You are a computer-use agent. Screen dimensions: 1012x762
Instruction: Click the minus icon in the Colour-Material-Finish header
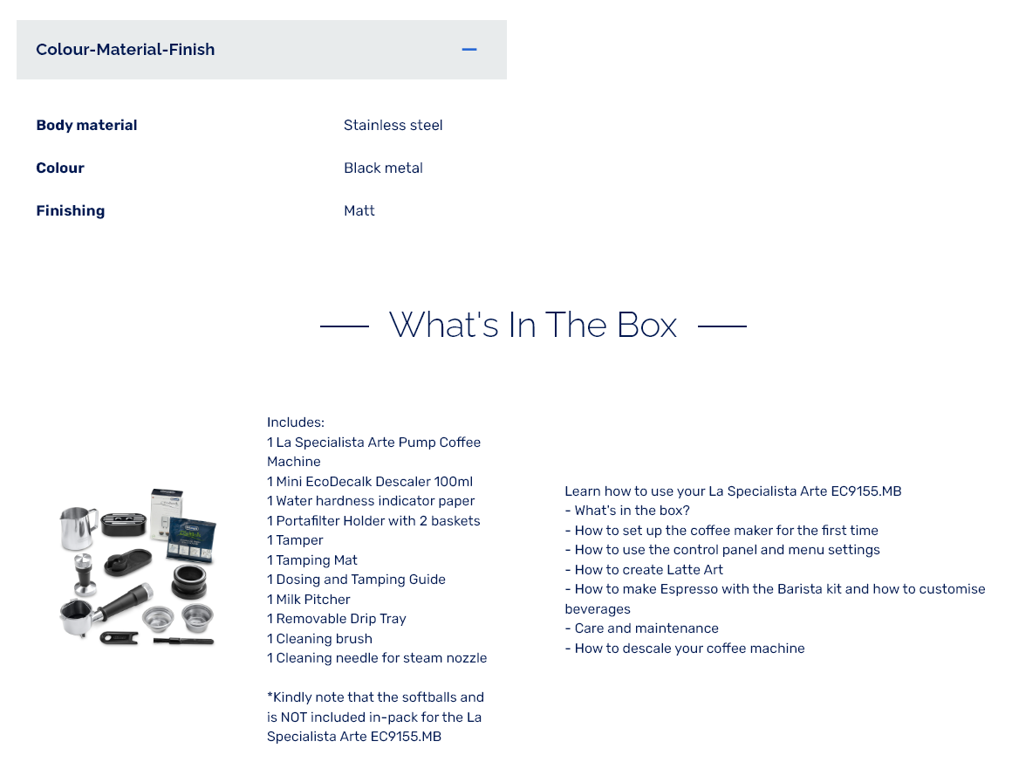tap(469, 49)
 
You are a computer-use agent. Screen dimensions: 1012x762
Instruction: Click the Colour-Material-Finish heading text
tap(126, 49)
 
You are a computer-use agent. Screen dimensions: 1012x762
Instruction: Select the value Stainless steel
tap(393, 126)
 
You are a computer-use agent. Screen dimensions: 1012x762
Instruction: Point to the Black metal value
tap(383, 168)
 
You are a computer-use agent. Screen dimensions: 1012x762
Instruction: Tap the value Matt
tap(359, 210)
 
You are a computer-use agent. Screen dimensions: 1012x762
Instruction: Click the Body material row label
tap(86, 126)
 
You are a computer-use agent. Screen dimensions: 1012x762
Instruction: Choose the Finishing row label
tap(71, 210)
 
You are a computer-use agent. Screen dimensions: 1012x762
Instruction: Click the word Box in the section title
tap(647, 324)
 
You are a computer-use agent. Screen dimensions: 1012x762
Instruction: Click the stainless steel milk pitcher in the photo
tap(79, 526)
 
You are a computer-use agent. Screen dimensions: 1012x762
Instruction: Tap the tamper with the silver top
tap(85, 573)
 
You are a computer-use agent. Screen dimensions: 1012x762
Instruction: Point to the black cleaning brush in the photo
tap(183, 641)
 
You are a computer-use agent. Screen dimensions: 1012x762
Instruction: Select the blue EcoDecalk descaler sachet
tap(191, 539)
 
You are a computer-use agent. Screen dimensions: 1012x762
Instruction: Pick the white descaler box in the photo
tap(166, 513)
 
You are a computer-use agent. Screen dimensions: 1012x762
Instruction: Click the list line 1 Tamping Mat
tap(312, 559)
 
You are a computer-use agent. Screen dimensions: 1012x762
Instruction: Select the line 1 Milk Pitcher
tap(309, 600)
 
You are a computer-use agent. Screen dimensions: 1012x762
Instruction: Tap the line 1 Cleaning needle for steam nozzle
tap(377, 658)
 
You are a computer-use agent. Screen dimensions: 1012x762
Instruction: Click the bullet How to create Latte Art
tap(644, 570)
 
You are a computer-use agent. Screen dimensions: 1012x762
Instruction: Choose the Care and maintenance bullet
tap(641, 628)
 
